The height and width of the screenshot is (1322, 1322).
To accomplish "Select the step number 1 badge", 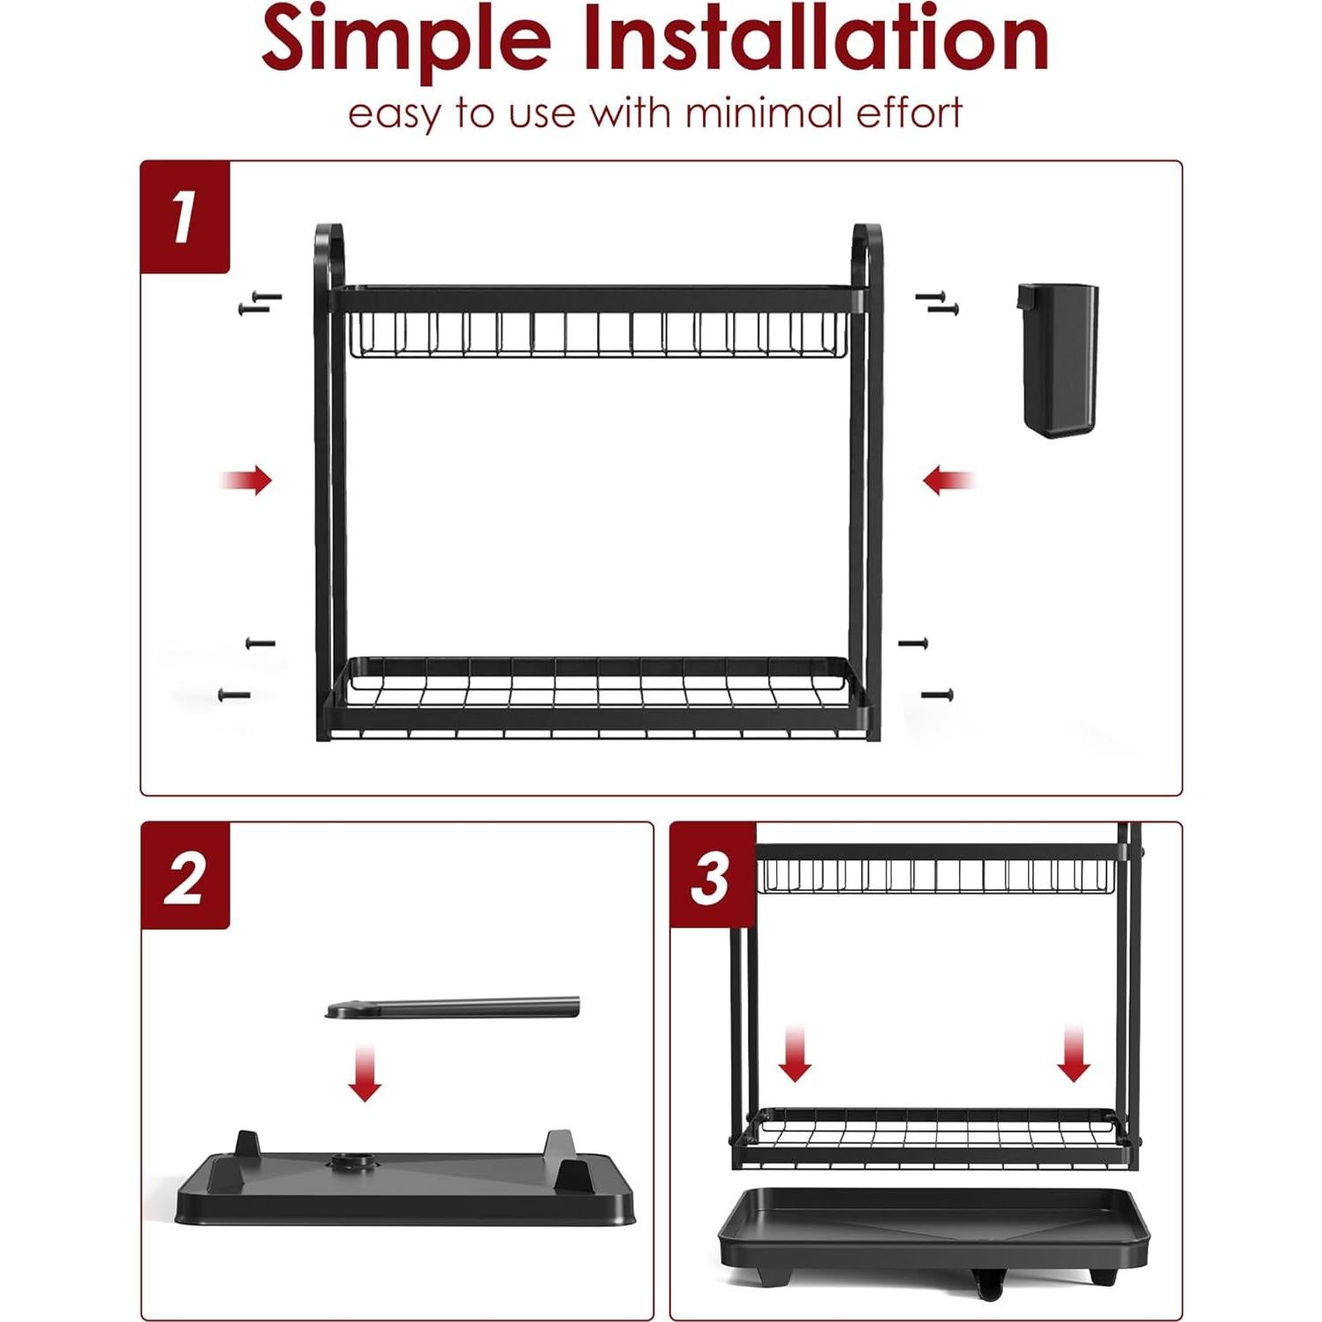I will coord(185,217).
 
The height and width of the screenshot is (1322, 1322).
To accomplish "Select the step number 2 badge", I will coord(185,877).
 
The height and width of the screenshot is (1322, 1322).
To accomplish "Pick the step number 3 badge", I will coord(711,877).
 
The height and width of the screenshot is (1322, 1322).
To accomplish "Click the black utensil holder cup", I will coord(1057,359).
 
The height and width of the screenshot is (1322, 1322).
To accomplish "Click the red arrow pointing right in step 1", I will coord(248,480).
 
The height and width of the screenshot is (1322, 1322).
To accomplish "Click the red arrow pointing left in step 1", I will coord(948,481).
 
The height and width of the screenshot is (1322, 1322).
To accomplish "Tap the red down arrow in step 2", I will coord(364,1072).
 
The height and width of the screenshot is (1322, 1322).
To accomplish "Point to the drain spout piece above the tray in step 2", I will coord(452,1007).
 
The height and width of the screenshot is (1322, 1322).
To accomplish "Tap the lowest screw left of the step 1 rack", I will coord(234,695).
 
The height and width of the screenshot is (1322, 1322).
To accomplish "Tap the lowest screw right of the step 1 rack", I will coord(938,695).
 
